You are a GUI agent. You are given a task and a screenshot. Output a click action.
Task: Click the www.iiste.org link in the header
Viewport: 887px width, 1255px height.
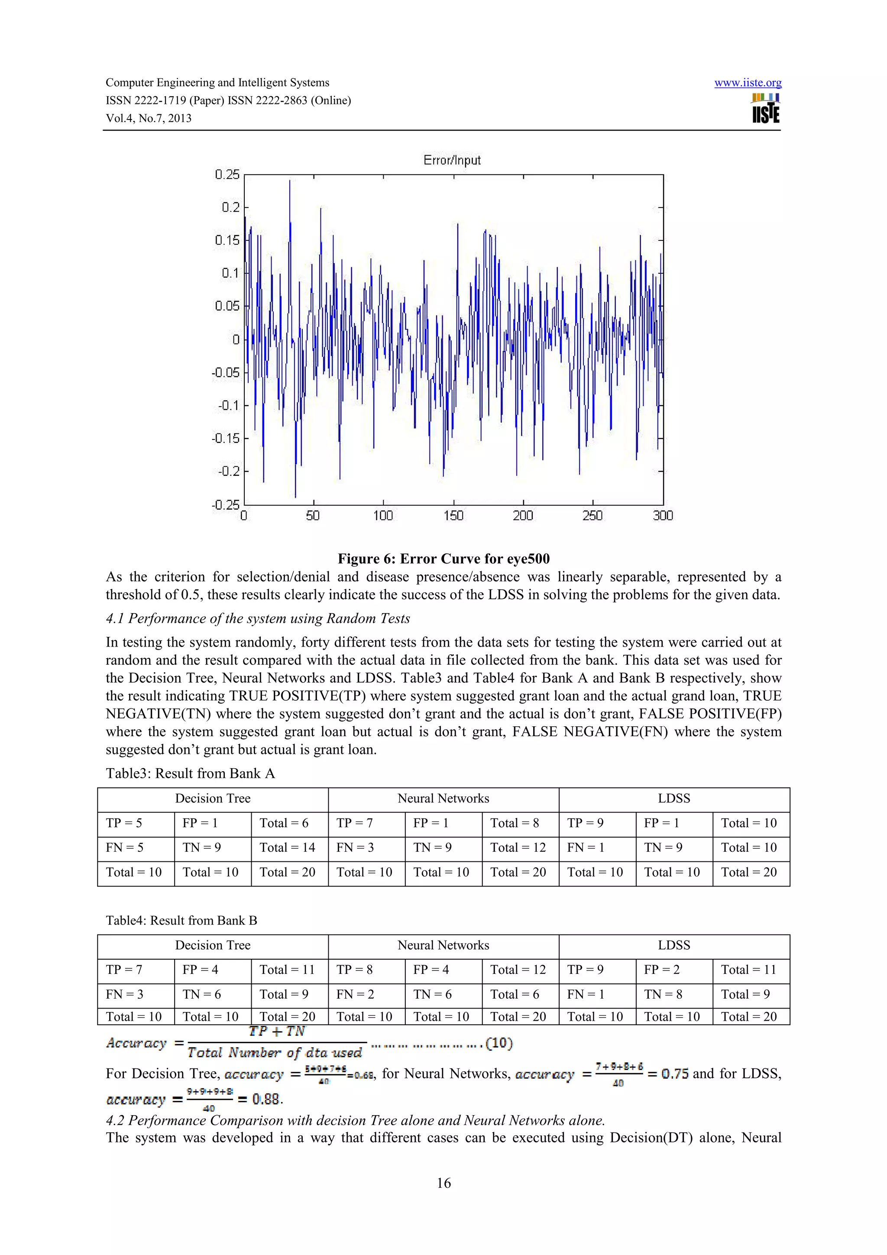coord(747,83)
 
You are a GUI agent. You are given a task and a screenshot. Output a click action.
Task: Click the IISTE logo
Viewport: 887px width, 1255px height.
coord(766,109)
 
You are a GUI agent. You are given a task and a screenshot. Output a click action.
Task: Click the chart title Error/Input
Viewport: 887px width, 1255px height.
coord(452,160)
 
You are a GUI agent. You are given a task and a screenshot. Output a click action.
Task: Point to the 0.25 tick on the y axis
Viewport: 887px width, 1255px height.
coord(227,175)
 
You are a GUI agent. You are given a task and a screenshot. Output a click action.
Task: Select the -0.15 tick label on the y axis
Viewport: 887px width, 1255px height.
coord(226,438)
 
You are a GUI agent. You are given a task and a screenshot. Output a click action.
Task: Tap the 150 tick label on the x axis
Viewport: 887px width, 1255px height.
coord(453,515)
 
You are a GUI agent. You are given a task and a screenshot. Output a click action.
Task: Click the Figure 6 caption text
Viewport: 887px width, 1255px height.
coord(443,559)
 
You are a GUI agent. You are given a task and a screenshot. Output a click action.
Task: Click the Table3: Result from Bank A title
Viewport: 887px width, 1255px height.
coord(190,773)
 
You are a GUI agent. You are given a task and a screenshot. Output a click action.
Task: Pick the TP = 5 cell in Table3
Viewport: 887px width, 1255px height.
coord(124,823)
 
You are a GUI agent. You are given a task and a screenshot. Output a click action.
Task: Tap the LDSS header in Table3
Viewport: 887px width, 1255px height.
coord(674,799)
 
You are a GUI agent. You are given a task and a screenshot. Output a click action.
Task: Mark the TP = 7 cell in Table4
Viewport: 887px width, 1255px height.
coord(124,970)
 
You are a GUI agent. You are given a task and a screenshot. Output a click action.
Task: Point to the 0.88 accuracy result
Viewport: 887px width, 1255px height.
coord(267,1099)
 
